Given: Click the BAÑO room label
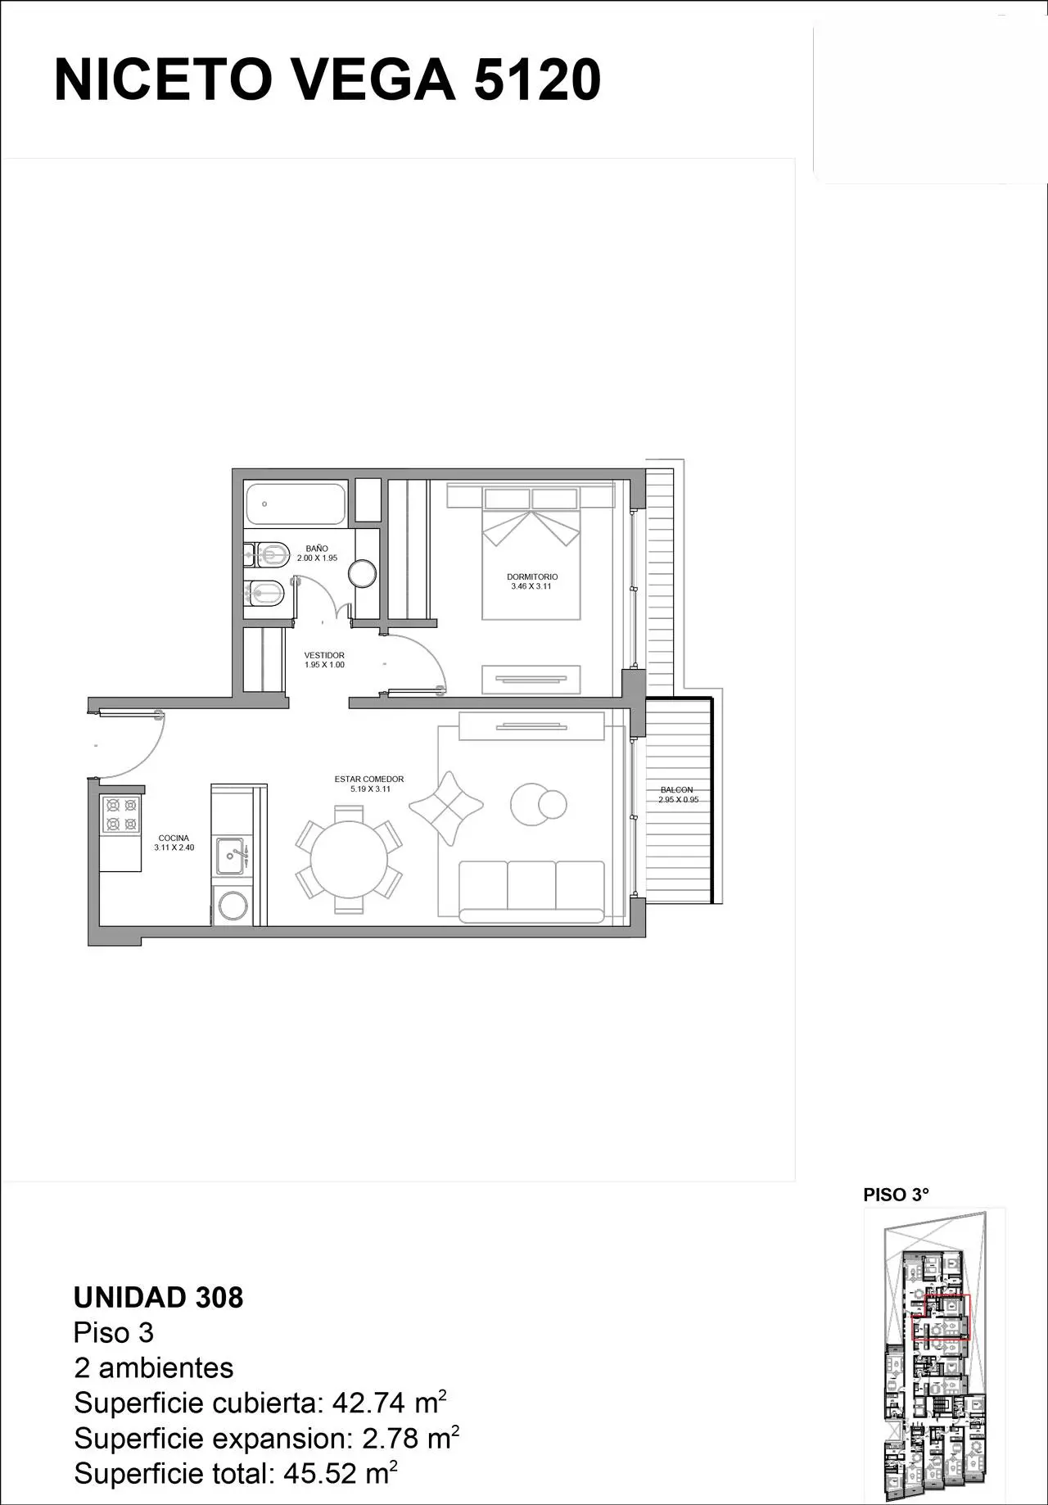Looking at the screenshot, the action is tap(317, 549).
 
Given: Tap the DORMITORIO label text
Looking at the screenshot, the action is tap(532, 577).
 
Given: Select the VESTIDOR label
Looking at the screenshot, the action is tap(324, 656).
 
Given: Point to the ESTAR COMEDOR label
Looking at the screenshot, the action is tap(369, 780).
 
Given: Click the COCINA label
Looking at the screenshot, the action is tap(174, 838).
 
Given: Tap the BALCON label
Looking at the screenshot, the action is tap(677, 790).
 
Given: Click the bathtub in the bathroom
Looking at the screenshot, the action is tap(296, 504).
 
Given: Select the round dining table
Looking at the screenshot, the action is tap(350, 859).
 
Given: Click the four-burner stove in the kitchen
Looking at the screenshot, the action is tap(120, 815).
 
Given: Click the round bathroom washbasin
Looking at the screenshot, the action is tap(364, 572).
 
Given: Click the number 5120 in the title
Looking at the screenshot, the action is tap(538, 80).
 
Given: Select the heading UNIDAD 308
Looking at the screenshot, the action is tap(158, 1298).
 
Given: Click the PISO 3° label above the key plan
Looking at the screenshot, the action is tap(897, 1195).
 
